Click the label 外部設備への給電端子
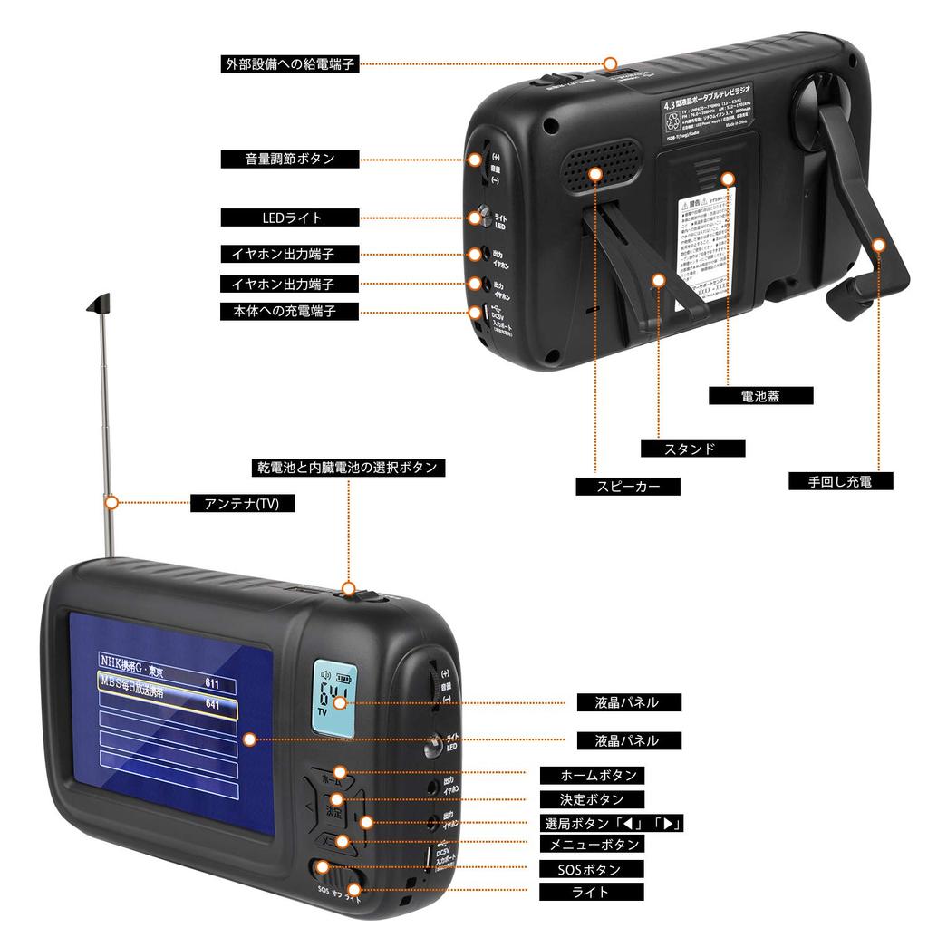pos(290,64)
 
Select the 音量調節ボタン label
pos(290,159)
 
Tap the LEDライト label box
pos(290,217)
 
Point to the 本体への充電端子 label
pos(290,311)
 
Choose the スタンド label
pos(692,449)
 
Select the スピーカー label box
pos(628,487)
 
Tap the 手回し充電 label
pos(838,481)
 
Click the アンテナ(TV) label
pos(242,504)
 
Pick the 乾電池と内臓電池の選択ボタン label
pos(347,468)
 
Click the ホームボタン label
pos(592,776)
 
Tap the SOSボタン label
pos(592,869)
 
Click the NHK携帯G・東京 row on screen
pos(167,661)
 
